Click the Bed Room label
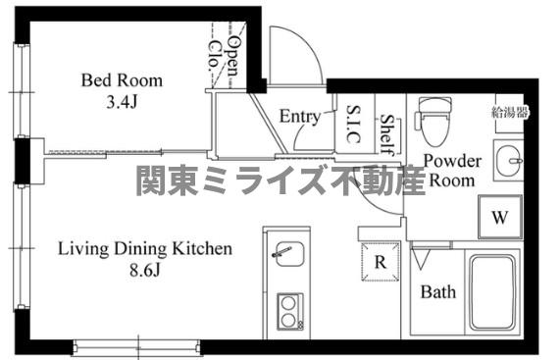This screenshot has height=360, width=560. click(x=122, y=80)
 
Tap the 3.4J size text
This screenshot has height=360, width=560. click(x=122, y=99)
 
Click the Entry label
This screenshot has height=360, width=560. click(x=300, y=117)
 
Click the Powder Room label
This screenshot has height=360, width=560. click(x=451, y=171)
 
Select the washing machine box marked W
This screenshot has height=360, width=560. click(x=500, y=218)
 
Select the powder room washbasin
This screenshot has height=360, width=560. click(x=509, y=159)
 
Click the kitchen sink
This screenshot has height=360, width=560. click(x=285, y=257)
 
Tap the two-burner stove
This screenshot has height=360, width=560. click(x=287, y=313)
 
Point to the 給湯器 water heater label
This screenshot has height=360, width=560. click(x=509, y=113)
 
